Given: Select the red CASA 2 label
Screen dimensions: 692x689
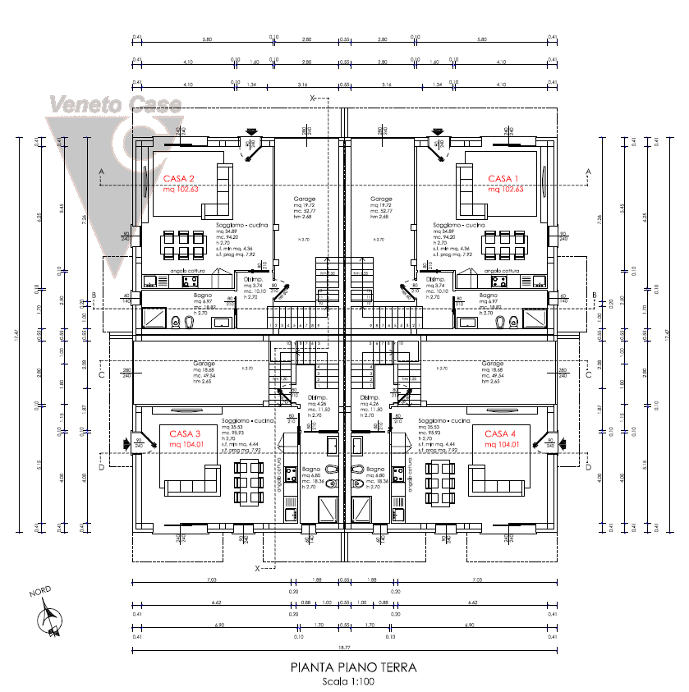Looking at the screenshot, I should tap(178, 178).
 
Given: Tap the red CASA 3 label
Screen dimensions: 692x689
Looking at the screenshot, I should tap(185, 433).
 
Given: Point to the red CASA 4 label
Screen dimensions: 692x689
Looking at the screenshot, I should tap(500, 433).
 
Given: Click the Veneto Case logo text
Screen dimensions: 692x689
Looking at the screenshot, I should tap(115, 104).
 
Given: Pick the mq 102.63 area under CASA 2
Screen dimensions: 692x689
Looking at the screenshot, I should tap(181, 189).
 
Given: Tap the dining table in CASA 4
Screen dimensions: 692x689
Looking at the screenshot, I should tap(440, 482).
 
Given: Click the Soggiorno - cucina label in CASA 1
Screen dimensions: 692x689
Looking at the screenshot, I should tap(459, 224).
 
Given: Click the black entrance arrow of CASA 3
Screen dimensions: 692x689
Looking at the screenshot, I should tap(127, 444).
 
